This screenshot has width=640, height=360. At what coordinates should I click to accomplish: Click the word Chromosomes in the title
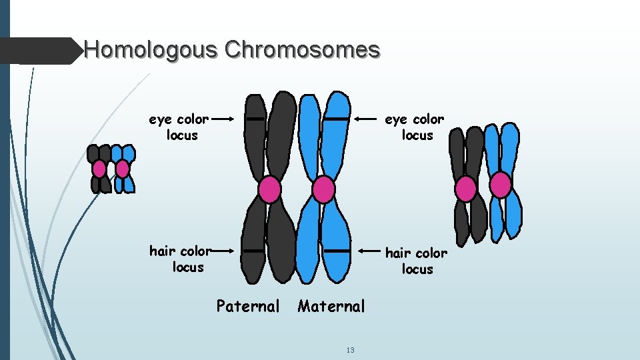(x=303, y=49)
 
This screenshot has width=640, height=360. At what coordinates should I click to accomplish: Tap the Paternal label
(x=248, y=307)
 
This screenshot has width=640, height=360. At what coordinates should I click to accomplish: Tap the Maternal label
(x=331, y=307)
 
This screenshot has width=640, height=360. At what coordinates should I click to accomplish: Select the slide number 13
(x=351, y=351)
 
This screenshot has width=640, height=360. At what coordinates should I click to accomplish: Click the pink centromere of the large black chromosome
(x=269, y=189)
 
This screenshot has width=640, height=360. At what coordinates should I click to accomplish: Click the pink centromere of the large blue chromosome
(x=323, y=189)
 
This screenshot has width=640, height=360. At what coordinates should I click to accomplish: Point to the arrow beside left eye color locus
(x=224, y=120)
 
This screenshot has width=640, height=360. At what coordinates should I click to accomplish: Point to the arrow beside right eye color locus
(x=367, y=119)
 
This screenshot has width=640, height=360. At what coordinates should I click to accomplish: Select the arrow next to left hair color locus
(x=224, y=251)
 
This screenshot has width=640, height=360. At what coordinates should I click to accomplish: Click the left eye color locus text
(x=179, y=127)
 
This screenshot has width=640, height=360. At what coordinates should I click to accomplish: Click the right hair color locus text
(x=417, y=261)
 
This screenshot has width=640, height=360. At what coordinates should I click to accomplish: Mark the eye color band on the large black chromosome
(x=255, y=119)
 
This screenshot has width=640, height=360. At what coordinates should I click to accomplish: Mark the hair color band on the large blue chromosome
(x=337, y=251)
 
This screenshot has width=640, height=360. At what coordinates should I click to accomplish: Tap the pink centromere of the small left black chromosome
(x=99, y=169)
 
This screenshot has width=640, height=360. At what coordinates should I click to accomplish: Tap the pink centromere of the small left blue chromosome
(x=122, y=169)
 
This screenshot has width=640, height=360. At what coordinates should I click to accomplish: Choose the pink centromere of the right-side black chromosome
(x=466, y=189)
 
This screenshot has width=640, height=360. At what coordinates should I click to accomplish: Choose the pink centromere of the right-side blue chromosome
(x=501, y=185)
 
